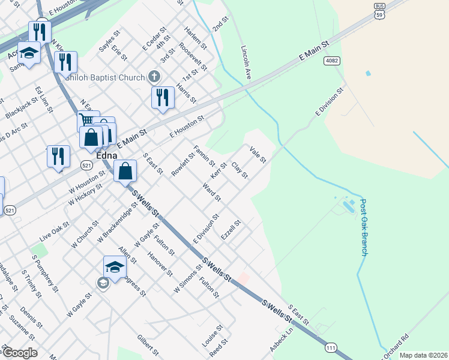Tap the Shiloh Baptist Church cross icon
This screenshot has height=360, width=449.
point(154,77)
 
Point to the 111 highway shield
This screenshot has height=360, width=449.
point(331,347)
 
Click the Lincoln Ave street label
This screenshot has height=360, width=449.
point(246,62)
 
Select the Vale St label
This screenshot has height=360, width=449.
point(258,155)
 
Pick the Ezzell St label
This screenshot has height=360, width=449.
point(231,230)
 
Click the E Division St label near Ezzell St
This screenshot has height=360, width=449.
point(206,229)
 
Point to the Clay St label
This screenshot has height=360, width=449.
point(240,170)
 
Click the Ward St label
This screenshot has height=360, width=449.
point(212,194)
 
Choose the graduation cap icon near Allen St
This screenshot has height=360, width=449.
point(115,267)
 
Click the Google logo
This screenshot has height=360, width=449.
point(20,353)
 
